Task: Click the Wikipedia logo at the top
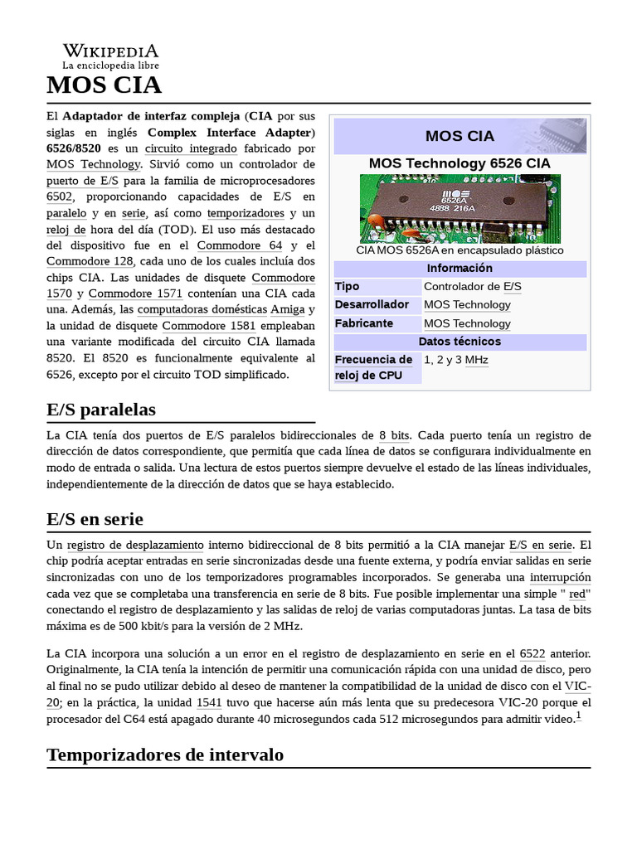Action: pos(110,56)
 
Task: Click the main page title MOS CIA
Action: pos(104,85)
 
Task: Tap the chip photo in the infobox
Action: pos(460,207)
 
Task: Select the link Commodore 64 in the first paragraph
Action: pos(240,245)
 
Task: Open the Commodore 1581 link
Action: pos(208,325)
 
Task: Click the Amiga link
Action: pos(288,309)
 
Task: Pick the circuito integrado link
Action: pos(191,148)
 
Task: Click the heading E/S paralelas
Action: pos(100,410)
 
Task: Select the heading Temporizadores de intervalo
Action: pos(165,754)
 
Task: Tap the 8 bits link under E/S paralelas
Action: pos(394,435)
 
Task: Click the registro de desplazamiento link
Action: pos(135,545)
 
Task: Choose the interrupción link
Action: pos(560,577)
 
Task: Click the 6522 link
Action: pos(532,654)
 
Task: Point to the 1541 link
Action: pos(209,702)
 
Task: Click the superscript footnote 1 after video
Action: pos(579,716)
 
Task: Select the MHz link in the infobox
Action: pos(476,360)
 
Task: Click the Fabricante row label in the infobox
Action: pos(363,323)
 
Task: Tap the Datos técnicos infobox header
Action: pos(460,342)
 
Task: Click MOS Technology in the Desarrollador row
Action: pos(467,305)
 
